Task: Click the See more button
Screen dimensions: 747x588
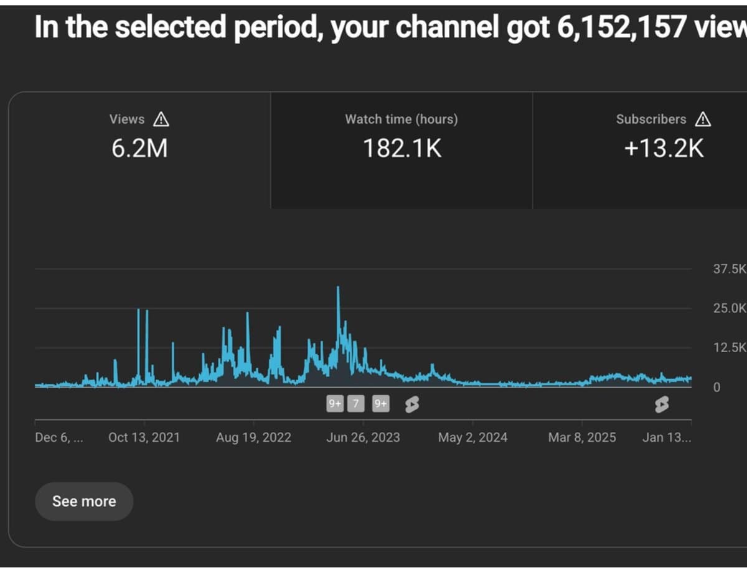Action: pos(84,502)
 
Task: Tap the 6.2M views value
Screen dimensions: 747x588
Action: pos(139,148)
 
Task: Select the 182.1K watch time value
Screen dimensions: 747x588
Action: pos(402,148)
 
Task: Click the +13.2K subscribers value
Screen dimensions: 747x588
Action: pos(664,148)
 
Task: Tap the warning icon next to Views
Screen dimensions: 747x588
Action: pos(161,119)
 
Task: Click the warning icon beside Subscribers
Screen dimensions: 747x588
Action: pos(703,119)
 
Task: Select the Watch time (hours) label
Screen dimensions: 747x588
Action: pos(402,119)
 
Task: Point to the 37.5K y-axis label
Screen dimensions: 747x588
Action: pos(730,269)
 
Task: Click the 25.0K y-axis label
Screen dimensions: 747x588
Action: pos(730,308)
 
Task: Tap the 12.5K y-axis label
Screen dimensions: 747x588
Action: pos(730,347)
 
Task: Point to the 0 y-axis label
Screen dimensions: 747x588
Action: pos(716,387)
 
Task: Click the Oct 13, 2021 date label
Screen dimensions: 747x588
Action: pos(144,437)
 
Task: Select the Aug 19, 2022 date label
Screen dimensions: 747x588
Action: pos(253,437)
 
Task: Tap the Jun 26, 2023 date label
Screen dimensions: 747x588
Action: pos(363,437)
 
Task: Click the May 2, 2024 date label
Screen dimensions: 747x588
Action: pos(472,437)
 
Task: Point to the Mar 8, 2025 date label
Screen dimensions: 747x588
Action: pos(582,437)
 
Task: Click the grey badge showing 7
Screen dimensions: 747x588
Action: pos(356,404)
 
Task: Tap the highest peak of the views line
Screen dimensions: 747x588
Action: pos(338,287)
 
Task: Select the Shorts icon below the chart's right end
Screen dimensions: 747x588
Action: pos(662,404)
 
